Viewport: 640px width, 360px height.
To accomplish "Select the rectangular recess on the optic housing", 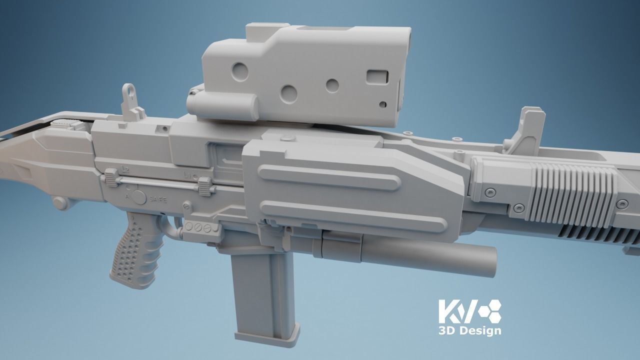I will coord(377,76).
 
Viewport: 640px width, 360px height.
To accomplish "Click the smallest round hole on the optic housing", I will coord(383,104).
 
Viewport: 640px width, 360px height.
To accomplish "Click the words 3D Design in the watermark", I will coord(469,331).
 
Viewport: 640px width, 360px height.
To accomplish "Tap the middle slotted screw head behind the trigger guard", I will coord(198,227).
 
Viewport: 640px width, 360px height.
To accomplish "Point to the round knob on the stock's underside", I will coord(59,202).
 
